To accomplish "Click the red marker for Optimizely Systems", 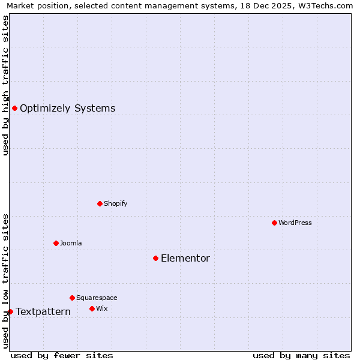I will coord(14,108).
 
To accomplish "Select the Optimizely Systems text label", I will coord(67,109).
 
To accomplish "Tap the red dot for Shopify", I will coord(100,203).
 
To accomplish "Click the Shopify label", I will coord(115,203).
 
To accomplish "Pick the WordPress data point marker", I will coord(274,223).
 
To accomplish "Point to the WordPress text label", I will coord(295,223).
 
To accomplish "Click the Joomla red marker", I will coord(56,243).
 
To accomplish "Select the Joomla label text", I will coord(71,243).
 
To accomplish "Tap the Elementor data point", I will coord(155,258).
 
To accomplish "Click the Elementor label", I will coord(185,259).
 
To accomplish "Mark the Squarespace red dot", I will coord(72,298).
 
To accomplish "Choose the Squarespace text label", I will coord(97,298).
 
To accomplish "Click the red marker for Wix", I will coord(92,308).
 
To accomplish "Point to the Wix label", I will coord(102,308).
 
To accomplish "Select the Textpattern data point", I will coord(10,311).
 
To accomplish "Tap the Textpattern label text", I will coord(43,312).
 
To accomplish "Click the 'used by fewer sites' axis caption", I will coord(62,355).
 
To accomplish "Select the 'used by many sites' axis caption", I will coord(301,355).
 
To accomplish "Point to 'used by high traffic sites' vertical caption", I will coord(5,85).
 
